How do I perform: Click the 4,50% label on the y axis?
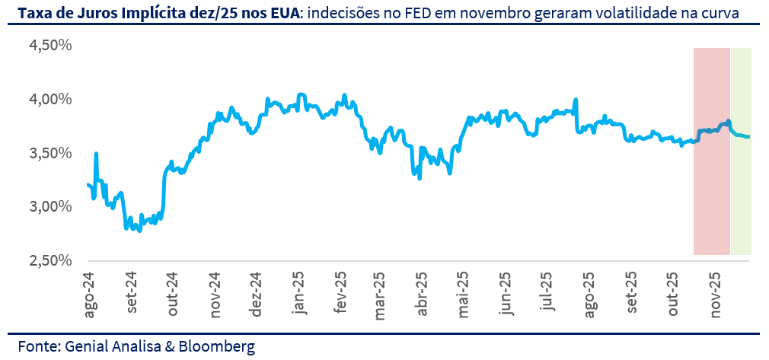[x=49, y=46]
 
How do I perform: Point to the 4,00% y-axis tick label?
[x=49, y=100]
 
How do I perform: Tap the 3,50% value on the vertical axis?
[x=49, y=153]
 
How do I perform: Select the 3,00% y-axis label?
[x=49, y=207]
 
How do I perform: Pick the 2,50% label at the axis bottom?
[x=49, y=260]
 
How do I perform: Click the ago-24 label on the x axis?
[x=90, y=294]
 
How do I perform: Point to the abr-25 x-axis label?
[x=423, y=294]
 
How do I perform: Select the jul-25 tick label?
[x=547, y=294]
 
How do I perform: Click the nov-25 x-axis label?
[x=715, y=294]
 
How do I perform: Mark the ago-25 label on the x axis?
[x=589, y=294]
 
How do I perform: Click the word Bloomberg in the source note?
[x=217, y=346]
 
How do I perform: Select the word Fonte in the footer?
[x=37, y=346]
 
